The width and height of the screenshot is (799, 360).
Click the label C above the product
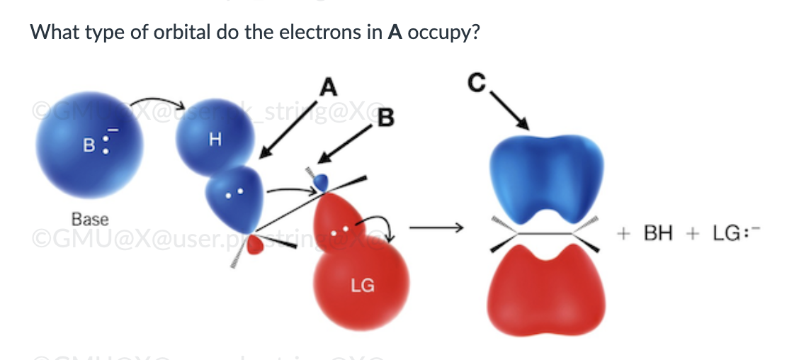[476, 83]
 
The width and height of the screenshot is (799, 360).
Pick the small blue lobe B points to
[322, 181]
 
